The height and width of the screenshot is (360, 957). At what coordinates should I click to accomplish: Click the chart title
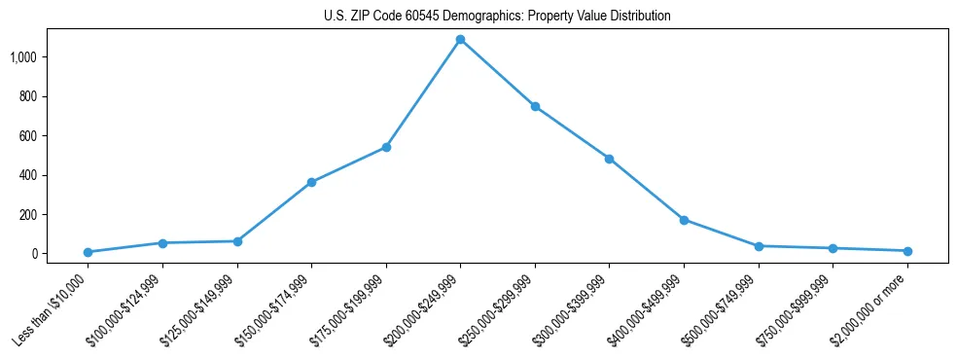pos(497,17)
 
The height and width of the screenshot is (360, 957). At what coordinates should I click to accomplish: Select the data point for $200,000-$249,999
pos(460,40)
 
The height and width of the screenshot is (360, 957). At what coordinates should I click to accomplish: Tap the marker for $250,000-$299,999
pos(535,106)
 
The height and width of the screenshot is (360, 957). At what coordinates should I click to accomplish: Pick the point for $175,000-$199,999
pos(386,147)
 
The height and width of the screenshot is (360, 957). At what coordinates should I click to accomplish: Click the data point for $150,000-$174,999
pos(311,182)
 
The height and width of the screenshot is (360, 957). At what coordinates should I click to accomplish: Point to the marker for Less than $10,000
pos(88,252)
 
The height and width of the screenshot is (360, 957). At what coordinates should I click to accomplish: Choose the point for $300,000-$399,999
pos(609,159)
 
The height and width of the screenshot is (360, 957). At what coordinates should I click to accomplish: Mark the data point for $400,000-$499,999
pos(684,220)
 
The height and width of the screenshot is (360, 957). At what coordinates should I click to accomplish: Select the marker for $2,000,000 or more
pos(907,251)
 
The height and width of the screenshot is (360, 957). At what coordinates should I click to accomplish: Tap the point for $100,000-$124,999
pos(162,242)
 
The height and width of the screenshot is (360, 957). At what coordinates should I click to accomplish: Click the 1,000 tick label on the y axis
pos(23,57)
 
